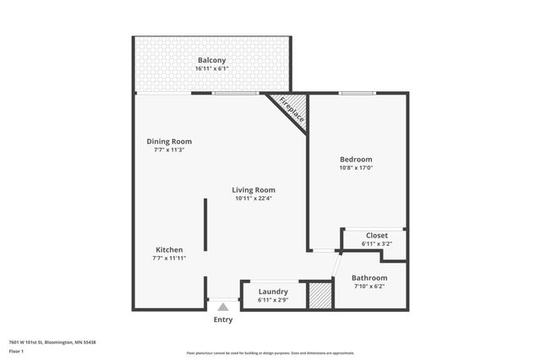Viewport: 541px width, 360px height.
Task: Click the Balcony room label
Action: tap(211, 60)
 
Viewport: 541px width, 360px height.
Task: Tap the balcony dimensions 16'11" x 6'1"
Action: tap(211, 68)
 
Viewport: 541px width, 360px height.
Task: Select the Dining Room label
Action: tap(170, 141)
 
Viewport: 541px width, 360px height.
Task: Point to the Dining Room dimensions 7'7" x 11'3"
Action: tap(170, 150)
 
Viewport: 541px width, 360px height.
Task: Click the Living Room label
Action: tap(254, 190)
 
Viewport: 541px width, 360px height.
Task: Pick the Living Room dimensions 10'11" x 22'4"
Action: tap(254, 199)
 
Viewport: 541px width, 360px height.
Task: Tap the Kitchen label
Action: tap(169, 249)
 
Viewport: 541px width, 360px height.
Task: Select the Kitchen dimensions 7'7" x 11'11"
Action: tap(169, 258)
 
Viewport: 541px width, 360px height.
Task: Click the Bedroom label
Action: tap(356, 159)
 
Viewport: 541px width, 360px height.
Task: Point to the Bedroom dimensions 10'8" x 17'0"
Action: tap(356, 167)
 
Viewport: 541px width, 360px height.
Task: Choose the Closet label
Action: tap(376, 235)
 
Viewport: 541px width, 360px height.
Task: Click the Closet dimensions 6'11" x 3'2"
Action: tap(376, 243)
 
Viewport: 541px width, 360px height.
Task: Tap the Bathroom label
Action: tap(369, 278)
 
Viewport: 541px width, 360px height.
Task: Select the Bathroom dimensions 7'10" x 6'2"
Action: tap(369, 286)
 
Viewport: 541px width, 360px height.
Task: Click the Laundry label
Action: tap(273, 291)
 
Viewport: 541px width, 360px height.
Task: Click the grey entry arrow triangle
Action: tap(223, 307)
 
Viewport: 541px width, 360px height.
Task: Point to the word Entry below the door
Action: tap(223, 319)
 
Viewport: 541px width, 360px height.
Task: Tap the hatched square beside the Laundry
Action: tap(319, 295)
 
